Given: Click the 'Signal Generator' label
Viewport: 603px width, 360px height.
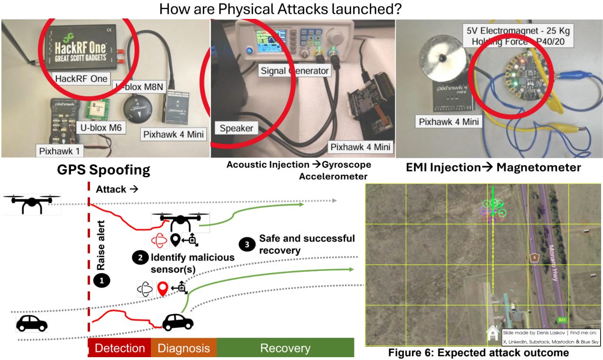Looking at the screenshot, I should [x=294, y=71].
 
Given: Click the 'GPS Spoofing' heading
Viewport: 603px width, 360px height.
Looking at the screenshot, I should [x=104, y=170].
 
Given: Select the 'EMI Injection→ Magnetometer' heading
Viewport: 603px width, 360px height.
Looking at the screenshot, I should [x=493, y=167].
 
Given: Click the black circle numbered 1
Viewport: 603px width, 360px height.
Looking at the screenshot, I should [x=101, y=280].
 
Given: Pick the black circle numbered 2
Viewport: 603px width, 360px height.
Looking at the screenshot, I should [x=139, y=258].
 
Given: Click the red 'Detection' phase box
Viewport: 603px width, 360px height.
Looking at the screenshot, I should [x=119, y=348].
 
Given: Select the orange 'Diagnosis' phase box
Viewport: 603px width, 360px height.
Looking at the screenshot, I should [x=183, y=348].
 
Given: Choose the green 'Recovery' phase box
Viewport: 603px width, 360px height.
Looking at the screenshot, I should [x=285, y=348].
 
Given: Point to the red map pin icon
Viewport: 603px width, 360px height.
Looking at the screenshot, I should [x=163, y=288].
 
